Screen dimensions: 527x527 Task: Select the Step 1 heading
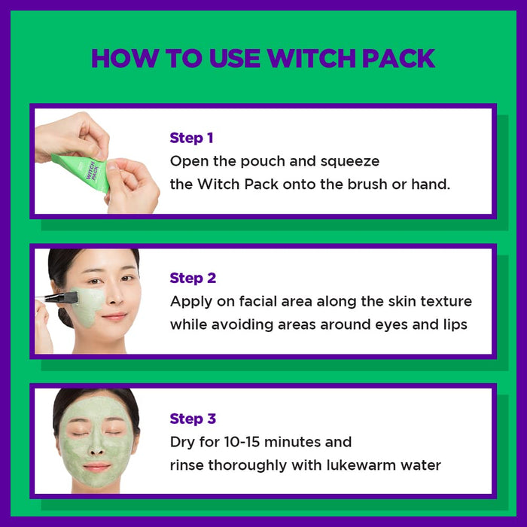point(191,138)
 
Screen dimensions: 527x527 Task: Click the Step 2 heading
point(193,278)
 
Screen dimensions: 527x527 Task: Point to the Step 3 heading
point(193,419)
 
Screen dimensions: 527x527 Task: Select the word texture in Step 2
point(445,301)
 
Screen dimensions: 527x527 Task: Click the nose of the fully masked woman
point(96,446)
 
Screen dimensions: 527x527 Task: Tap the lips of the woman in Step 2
point(114,317)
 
